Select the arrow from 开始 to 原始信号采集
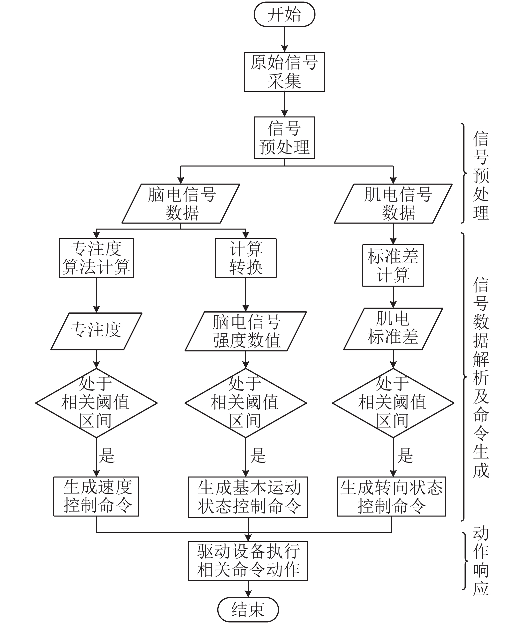tap(284, 39)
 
